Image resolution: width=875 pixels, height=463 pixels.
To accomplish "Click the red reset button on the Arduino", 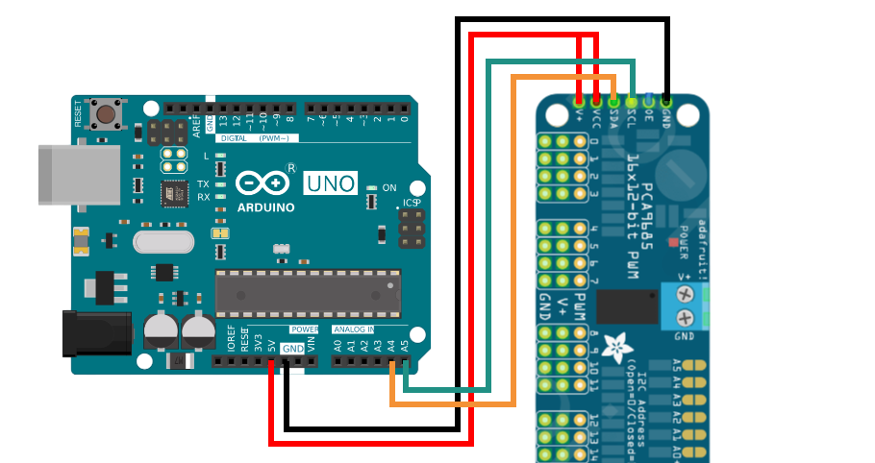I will [x=106, y=115].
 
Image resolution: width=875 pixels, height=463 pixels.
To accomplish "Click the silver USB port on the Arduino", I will [x=79, y=175].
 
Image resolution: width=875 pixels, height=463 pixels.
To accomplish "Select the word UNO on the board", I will [x=331, y=183].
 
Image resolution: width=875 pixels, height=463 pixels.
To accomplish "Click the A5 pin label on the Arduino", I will [x=405, y=344].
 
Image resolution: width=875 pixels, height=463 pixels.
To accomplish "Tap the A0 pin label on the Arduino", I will [x=337, y=344].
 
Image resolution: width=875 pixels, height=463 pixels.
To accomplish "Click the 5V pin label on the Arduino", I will [x=272, y=344].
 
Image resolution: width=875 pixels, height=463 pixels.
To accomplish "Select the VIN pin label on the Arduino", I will [x=311, y=344].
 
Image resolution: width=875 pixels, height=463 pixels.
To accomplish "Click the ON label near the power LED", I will [x=389, y=187].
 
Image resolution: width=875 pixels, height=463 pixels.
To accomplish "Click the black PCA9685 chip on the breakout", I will [x=627, y=305].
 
